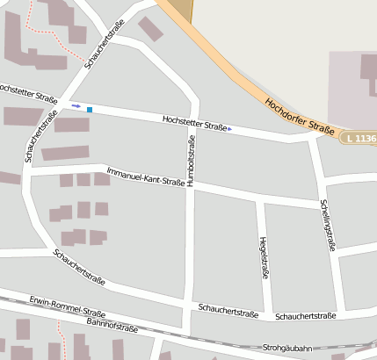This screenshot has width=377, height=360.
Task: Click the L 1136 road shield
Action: pyautogui.click(x=361, y=138)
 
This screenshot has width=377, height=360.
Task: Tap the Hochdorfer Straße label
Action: pyautogui.click(x=299, y=116)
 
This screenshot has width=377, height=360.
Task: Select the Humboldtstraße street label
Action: pyautogui.click(x=191, y=159)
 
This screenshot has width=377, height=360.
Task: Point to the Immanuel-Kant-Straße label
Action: pyautogui.click(x=139, y=175)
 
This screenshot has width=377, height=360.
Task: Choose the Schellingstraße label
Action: pyautogui.click(x=327, y=225)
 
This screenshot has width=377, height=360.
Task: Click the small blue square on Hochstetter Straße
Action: pyautogui.click(x=89, y=109)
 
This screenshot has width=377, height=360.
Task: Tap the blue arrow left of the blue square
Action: pyautogui.click(x=76, y=106)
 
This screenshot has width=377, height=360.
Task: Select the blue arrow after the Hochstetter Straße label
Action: pyautogui.click(x=230, y=130)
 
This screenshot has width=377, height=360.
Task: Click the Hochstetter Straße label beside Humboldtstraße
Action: pyautogui.click(x=195, y=124)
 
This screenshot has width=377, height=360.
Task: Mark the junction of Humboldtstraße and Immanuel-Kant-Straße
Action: pyautogui.click(x=191, y=185)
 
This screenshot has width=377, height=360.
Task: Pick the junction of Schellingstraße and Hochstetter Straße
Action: pyautogui.click(x=312, y=139)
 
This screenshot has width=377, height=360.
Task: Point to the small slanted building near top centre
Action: pyautogui.click(x=151, y=29)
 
